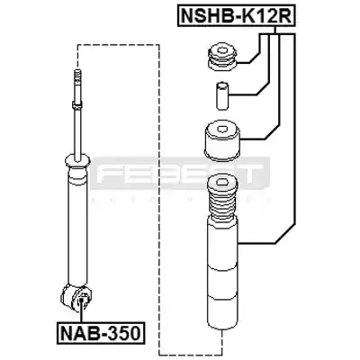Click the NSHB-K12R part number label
(237, 15)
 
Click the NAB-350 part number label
(101, 333)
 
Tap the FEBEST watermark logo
(180, 174)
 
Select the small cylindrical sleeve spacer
(221, 95)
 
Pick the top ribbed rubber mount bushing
(222, 58)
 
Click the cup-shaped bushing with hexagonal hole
(222, 141)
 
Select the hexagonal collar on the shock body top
(77, 162)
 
